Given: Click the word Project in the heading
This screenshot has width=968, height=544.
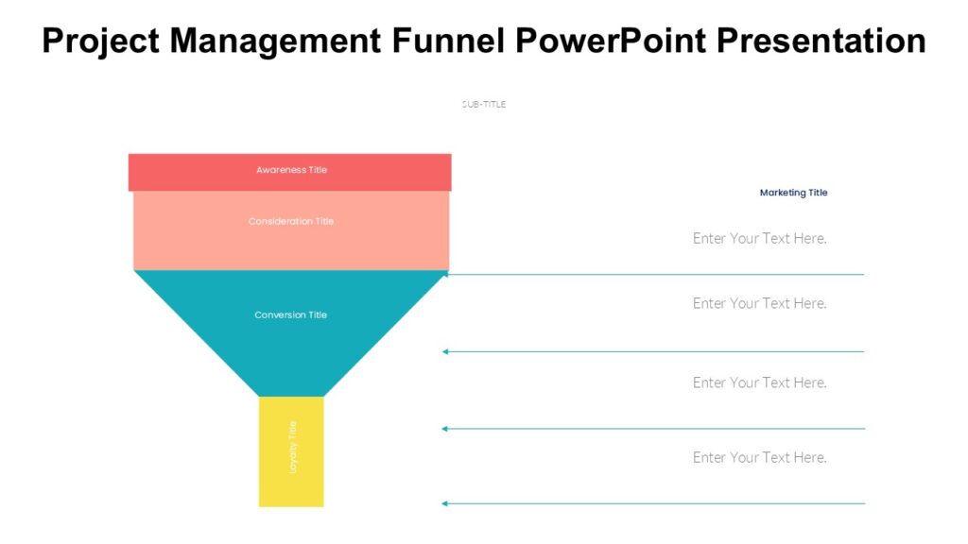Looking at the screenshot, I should pos(101,41).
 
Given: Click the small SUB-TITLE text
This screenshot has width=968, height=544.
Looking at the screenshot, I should pos(484,104).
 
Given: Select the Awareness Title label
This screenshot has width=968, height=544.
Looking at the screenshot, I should pos(291,170).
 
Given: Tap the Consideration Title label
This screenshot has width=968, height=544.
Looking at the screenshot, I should pos(291,221).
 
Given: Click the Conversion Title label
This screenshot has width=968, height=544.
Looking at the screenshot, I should pos(291,314).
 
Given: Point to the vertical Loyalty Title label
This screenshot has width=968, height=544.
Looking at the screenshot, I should pos(292,447).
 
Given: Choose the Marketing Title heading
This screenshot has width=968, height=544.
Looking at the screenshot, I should pos(793,193).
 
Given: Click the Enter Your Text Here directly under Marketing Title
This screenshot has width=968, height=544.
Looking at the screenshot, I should pos(759,238).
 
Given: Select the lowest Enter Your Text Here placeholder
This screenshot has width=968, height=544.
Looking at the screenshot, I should pos(759,457).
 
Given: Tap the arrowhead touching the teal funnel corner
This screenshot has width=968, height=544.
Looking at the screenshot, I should pos(445,275).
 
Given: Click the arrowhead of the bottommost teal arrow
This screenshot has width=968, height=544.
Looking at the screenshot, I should pos(445,503).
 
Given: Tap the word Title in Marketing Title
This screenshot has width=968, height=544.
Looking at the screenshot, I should pos(816,193).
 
